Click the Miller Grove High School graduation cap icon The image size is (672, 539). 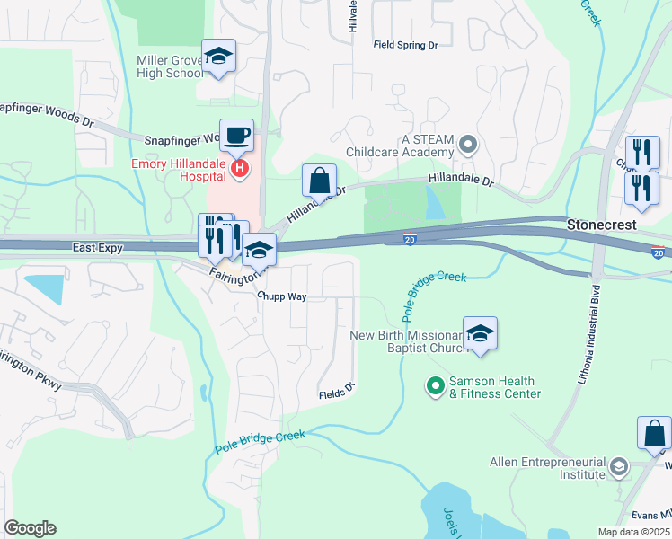(x=218, y=57)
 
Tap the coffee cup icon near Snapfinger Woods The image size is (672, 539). (x=236, y=136)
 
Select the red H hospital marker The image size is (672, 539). (x=239, y=167)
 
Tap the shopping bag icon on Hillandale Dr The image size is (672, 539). (x=320, y=181)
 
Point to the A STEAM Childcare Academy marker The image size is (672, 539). (x=467, y=144)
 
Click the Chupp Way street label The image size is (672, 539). (x=281, y=296)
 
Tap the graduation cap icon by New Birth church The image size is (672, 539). (x=481, y=334)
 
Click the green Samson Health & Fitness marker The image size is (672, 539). (x=436, y=387)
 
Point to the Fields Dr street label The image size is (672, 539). (x=338, y=393)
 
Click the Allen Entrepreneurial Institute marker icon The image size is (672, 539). (x=618, y=467)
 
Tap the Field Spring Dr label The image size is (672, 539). (x=405, y=44)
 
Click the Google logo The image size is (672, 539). (x=30, y=528)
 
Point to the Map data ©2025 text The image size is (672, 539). (x=632, y=532)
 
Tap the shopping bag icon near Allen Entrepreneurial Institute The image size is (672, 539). (x=654, y=433)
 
